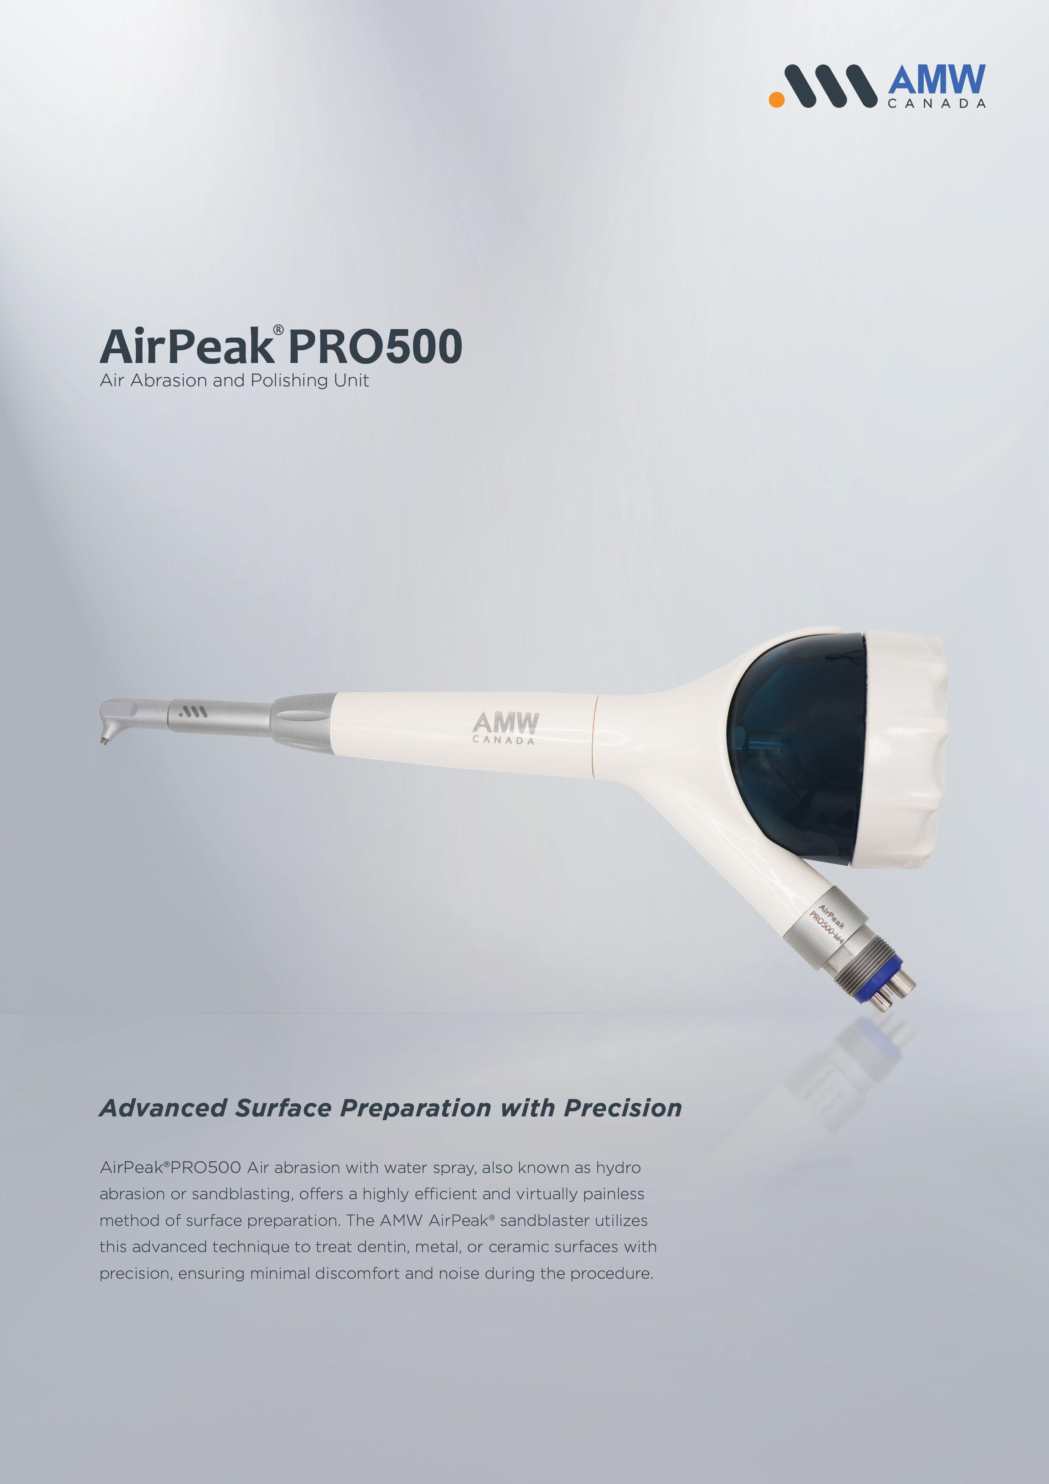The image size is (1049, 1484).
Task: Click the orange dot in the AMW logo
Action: [x=776, y=99]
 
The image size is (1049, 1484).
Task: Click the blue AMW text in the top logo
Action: [x=936, y=80]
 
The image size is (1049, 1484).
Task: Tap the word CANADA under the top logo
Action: [x=936, y=103]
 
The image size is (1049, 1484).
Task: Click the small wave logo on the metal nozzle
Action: [x=192, y=712]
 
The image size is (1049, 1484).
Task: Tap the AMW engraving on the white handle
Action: [x=505, y=727]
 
